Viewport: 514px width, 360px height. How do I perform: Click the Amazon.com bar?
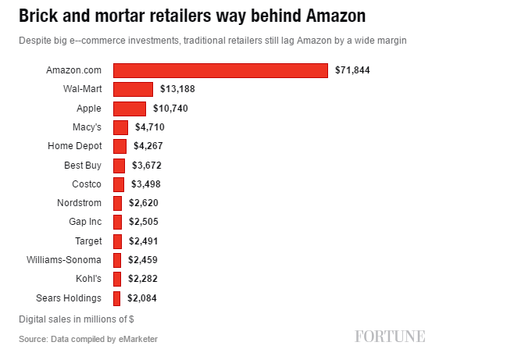220,70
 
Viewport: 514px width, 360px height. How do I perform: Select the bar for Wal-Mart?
133,89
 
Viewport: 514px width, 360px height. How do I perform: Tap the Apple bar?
130,109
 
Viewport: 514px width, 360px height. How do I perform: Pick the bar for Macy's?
120,127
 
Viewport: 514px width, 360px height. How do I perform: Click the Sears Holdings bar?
117,298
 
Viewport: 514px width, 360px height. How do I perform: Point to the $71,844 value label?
352,70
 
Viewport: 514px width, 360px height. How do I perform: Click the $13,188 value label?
177,89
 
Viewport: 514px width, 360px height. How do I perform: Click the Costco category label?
86,184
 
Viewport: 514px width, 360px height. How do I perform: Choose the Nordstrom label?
80,203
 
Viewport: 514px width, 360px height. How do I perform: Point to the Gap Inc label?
85,222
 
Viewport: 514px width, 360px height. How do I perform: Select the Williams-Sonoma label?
64,260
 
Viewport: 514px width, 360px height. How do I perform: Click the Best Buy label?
83,165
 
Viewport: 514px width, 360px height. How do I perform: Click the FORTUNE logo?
390,337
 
